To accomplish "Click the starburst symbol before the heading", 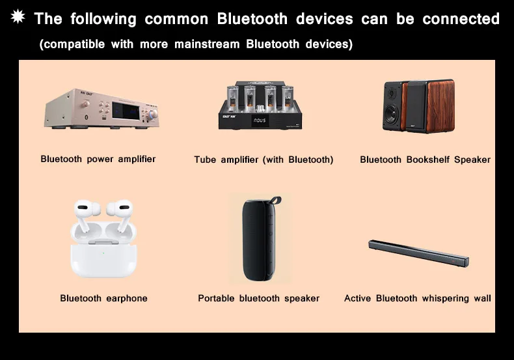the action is pyautogui.click(x=18, y=16).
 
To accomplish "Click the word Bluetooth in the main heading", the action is pyautogui.click(x=252, y=19).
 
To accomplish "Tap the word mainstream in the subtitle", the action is pyautogui.click(x=207, y=44).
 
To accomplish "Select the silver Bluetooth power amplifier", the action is pyautogui.click(x=101, y=109).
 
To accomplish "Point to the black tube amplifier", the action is pyautogui.click(x=261, y=105).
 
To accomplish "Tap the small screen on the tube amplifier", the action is pyautogui.click(x=260, y=120).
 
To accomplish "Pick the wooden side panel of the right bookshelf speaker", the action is pyautogui.click(x=440, y=106).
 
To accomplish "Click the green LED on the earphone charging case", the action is pyautogui.click(x=103, y=253).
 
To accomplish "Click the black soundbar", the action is pyautogui.click(x=418, y=253).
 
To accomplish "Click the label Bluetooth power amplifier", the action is pyautogui.click(x=98, y=159).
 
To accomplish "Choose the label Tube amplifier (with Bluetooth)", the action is pyautogui.click(x=264, y=159).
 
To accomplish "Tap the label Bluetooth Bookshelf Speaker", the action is pyautogui.click(x=425, y=159).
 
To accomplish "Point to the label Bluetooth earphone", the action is pyautogui.click(x=103, y=298).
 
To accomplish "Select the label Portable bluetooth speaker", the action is pyautogui.click(x=259, y=298).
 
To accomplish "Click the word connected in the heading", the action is pyautogui.click(x=461, y=19).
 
